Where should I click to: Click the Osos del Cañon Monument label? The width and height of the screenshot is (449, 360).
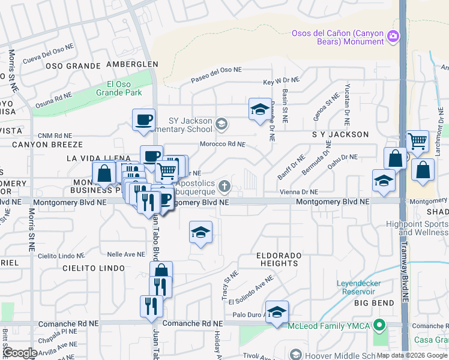point(337,37)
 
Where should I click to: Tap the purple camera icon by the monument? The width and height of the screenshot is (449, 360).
point(393,36)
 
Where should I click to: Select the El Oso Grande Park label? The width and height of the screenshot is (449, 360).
point(124,88)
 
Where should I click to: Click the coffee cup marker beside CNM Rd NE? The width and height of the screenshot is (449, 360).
point(143,120)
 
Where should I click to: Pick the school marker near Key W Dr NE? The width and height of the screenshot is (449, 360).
point(259,110)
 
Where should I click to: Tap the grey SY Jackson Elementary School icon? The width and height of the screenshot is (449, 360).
point(221,124)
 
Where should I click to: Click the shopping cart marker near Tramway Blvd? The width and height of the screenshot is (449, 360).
point(417,142)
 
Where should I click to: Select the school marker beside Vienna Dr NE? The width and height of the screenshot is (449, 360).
point(384,182)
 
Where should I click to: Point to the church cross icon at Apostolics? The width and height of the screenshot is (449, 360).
point(224,186)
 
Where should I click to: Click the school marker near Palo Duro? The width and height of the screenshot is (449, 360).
point(277,312)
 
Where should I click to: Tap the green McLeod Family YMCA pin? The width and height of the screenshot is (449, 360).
point(378,326)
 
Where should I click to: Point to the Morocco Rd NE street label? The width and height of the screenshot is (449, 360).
point(223,144)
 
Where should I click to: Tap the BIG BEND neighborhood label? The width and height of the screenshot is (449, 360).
point(373,304)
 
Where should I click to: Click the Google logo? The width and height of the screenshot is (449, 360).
point(20,353)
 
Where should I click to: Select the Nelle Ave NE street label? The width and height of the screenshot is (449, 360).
point(122,254)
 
